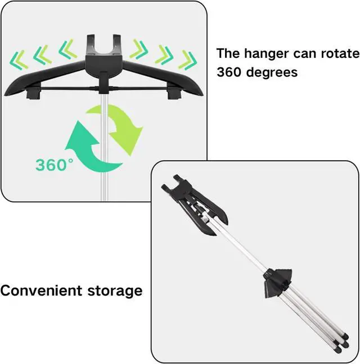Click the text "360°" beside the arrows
tap(55, 165)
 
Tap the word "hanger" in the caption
tap(265, 53)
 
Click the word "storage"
tap(115, 292)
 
